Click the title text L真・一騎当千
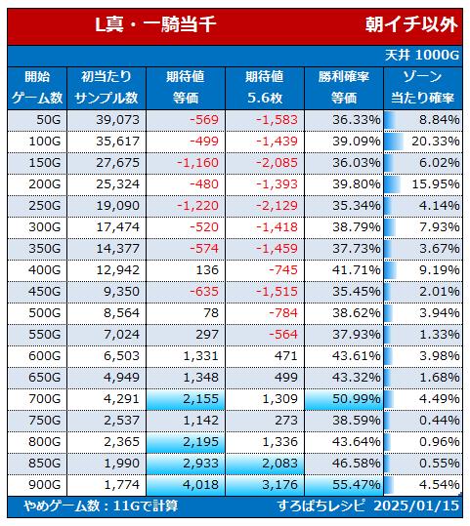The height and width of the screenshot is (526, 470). pos(155,24)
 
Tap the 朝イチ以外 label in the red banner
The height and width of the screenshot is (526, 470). pos(411,24)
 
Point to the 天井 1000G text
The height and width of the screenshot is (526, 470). pos(422,55)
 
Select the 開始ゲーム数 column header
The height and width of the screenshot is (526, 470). pos(37,88)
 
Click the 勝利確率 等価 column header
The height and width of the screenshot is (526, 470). pos(344,88)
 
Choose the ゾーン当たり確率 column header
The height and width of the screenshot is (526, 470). pos(423,88)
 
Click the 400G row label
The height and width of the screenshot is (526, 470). pos(45,270)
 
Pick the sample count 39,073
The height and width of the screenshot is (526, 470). pos(117,120)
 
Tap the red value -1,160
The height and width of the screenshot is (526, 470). pos(197,163)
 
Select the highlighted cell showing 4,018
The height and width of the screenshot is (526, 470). pos(200,485)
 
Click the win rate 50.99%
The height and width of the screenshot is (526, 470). pos(357,399)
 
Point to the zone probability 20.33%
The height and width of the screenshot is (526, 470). pos(436,142)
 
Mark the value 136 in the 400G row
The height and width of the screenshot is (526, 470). pos(207,270)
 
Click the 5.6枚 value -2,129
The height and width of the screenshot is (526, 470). pos(277,206)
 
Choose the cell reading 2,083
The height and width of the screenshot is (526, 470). pos(279,464)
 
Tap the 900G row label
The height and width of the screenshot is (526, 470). pos(45,485)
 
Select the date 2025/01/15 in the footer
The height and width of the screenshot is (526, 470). pos(416,506)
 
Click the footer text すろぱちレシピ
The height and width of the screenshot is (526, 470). pos(320,506)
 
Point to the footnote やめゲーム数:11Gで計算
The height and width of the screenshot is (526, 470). pos(101,506)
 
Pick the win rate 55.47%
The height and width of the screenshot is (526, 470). pos(357,485)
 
